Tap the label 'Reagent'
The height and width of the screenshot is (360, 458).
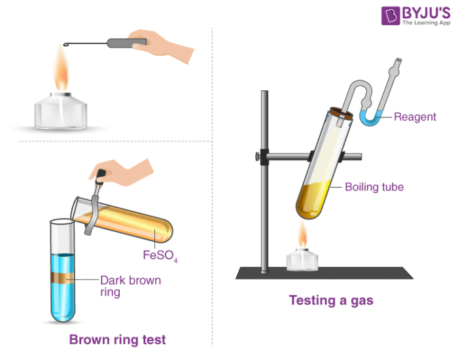tap(415, 117)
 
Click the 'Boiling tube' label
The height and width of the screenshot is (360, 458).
tap(374, 187)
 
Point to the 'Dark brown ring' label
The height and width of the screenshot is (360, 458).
tap(129, 287)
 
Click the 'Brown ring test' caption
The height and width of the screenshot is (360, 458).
tap(118, 339)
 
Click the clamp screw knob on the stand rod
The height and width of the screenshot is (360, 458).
tap(256, 156)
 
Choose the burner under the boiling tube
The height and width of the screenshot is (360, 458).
tap(302, 261)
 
